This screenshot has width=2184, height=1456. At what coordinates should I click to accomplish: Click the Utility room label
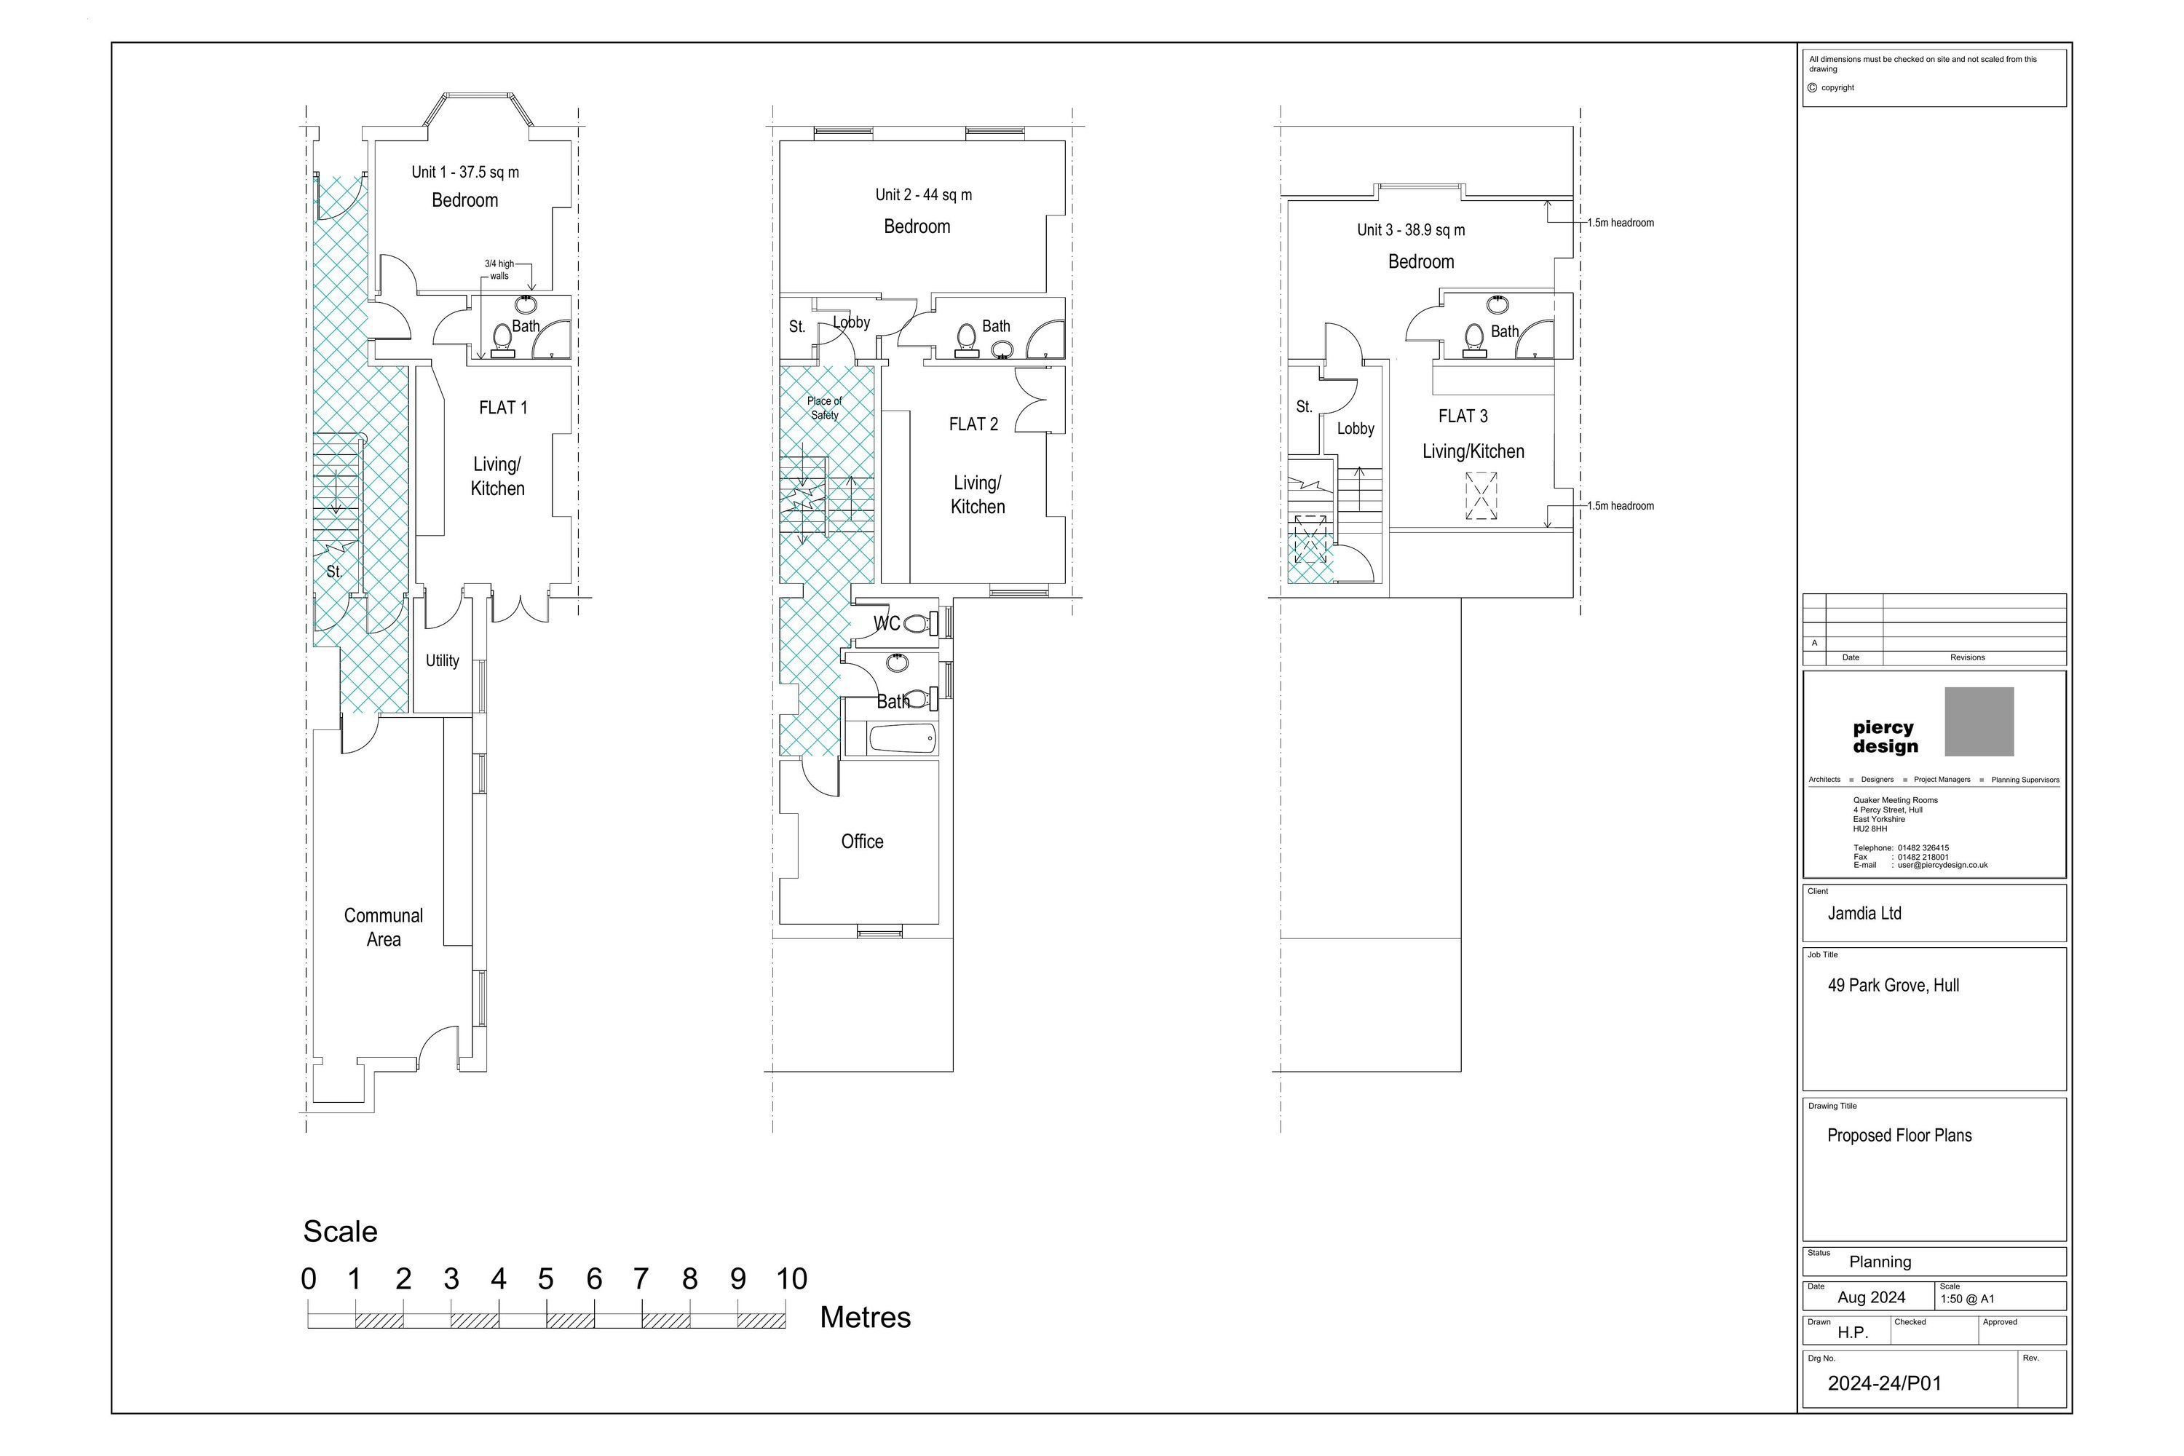442,661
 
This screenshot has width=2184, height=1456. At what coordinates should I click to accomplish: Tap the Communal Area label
384,927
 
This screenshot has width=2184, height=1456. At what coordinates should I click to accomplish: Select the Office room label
862,842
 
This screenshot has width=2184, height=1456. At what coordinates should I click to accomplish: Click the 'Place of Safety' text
825,408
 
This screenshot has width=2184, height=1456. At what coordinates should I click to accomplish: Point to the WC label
887,623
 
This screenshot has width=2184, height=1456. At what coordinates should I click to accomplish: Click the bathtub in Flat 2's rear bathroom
902,739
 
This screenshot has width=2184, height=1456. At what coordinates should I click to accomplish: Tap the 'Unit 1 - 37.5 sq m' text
465,172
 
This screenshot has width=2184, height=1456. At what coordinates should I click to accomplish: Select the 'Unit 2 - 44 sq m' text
924,195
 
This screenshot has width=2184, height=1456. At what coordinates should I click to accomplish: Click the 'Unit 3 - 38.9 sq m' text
1411,230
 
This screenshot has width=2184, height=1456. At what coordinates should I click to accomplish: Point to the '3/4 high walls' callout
499,269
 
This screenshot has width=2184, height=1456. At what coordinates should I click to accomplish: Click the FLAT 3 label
1463,416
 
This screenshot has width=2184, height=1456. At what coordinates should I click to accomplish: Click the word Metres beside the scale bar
866,1317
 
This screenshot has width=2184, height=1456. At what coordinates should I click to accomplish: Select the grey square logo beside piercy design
1979,721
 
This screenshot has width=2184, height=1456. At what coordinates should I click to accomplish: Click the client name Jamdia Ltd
1864,913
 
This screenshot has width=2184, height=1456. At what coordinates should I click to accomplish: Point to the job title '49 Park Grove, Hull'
1894,985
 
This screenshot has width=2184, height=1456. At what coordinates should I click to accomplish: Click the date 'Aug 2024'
1871,1297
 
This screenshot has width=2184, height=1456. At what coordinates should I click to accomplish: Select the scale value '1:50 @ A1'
1967,1299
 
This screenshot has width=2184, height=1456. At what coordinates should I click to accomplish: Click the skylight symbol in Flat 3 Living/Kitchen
1481,496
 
